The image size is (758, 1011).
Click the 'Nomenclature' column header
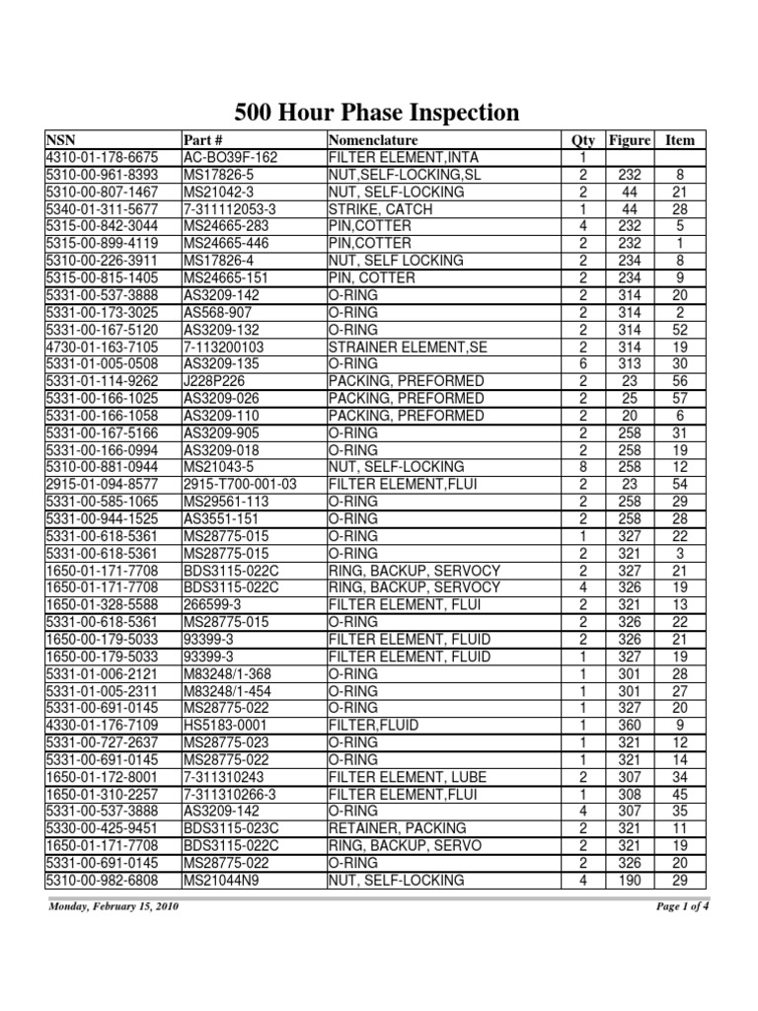(372, 141)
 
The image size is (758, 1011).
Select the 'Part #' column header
(205, 141)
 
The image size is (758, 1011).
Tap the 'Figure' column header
(629, 140)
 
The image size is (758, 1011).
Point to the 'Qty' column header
(583, 141)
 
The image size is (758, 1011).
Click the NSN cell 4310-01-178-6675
(102, 158)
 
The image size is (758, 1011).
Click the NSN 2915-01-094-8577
(102, 484)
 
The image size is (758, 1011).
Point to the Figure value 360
(629, 724)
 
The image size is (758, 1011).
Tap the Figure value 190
(629, 879)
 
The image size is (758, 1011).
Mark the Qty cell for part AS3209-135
(583, 363)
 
